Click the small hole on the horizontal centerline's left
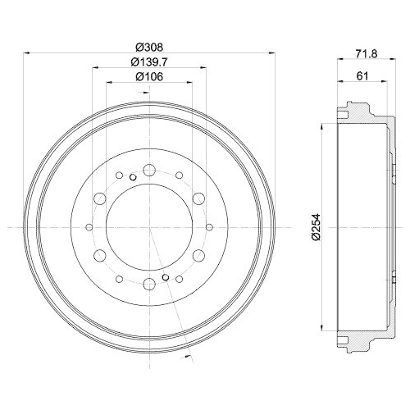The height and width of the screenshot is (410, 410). pos(87,227)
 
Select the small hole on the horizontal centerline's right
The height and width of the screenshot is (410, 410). pos(210,227)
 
